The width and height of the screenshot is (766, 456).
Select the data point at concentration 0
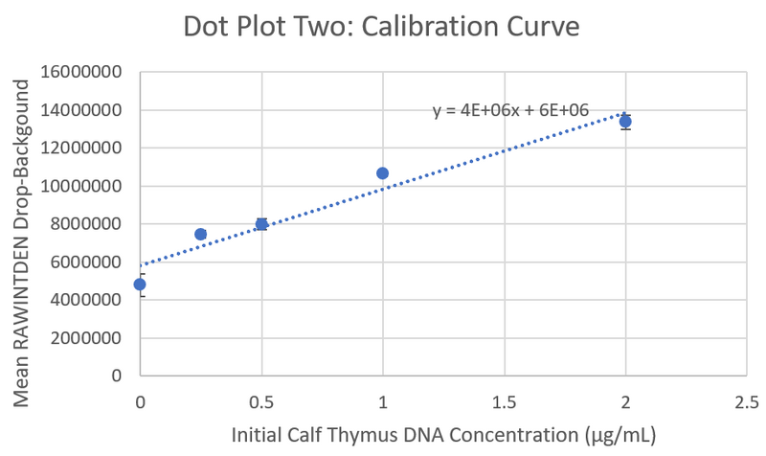140,285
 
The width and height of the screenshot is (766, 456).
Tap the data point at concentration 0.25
200,234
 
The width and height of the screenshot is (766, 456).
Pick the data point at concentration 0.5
261,224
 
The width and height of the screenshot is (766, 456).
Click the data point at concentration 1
383,173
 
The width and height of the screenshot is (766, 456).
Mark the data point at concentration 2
625,122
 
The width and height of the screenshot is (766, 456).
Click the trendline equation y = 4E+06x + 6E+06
510,111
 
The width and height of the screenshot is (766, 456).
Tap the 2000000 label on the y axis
87,337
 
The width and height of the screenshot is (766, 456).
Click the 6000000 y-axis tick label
87,262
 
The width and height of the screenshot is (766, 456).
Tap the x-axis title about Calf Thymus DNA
443,435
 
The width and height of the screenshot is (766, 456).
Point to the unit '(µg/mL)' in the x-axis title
620,435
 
